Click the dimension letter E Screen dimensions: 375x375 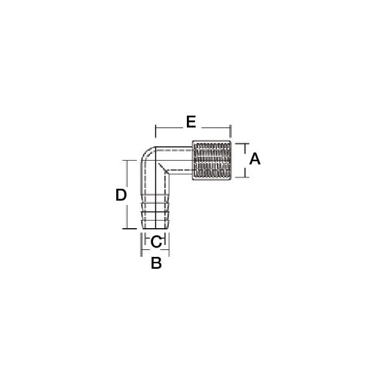click(x=191, y=122)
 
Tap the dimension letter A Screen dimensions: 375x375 click(x=255, y=159)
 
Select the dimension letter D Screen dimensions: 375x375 click(x=121, y=195)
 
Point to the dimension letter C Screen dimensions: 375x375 click(x=157, y=241)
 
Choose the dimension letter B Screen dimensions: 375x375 click(x=156, y=263)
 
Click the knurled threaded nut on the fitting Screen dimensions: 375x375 click(x=212, y=160)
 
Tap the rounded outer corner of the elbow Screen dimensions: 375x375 click(x=146, y=152)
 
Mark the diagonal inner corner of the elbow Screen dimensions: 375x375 click(x=162, y=168)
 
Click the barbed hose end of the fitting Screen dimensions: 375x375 click(x=156, y=211)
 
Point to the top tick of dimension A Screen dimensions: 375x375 click(x=242, y=144)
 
